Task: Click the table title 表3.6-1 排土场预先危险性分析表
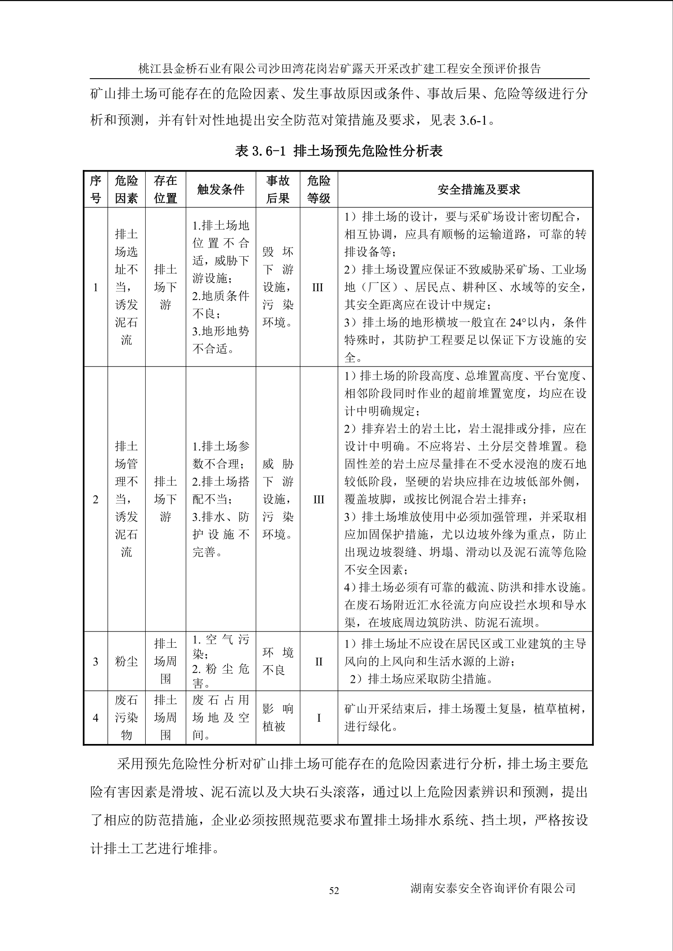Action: pos(338,151)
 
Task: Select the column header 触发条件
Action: pos(221,189)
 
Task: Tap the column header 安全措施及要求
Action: pos(479,189)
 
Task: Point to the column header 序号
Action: pos(95,189)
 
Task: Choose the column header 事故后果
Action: pos(278,189)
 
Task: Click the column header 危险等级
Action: pos(318,189)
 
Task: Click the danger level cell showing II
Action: pos(318,662)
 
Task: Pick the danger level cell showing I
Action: pos(318,718)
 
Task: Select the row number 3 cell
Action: pos(95,662)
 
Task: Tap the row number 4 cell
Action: pos(95,718)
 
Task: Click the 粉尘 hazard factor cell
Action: pos(126,662)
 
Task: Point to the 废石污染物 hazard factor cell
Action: pos(126,718)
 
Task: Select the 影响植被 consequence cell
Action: pos(278,718)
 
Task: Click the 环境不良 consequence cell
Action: pos(278,661)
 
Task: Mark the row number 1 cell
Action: pos(95,287)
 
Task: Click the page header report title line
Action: pos(339,69)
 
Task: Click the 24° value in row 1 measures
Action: pos(520,323)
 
